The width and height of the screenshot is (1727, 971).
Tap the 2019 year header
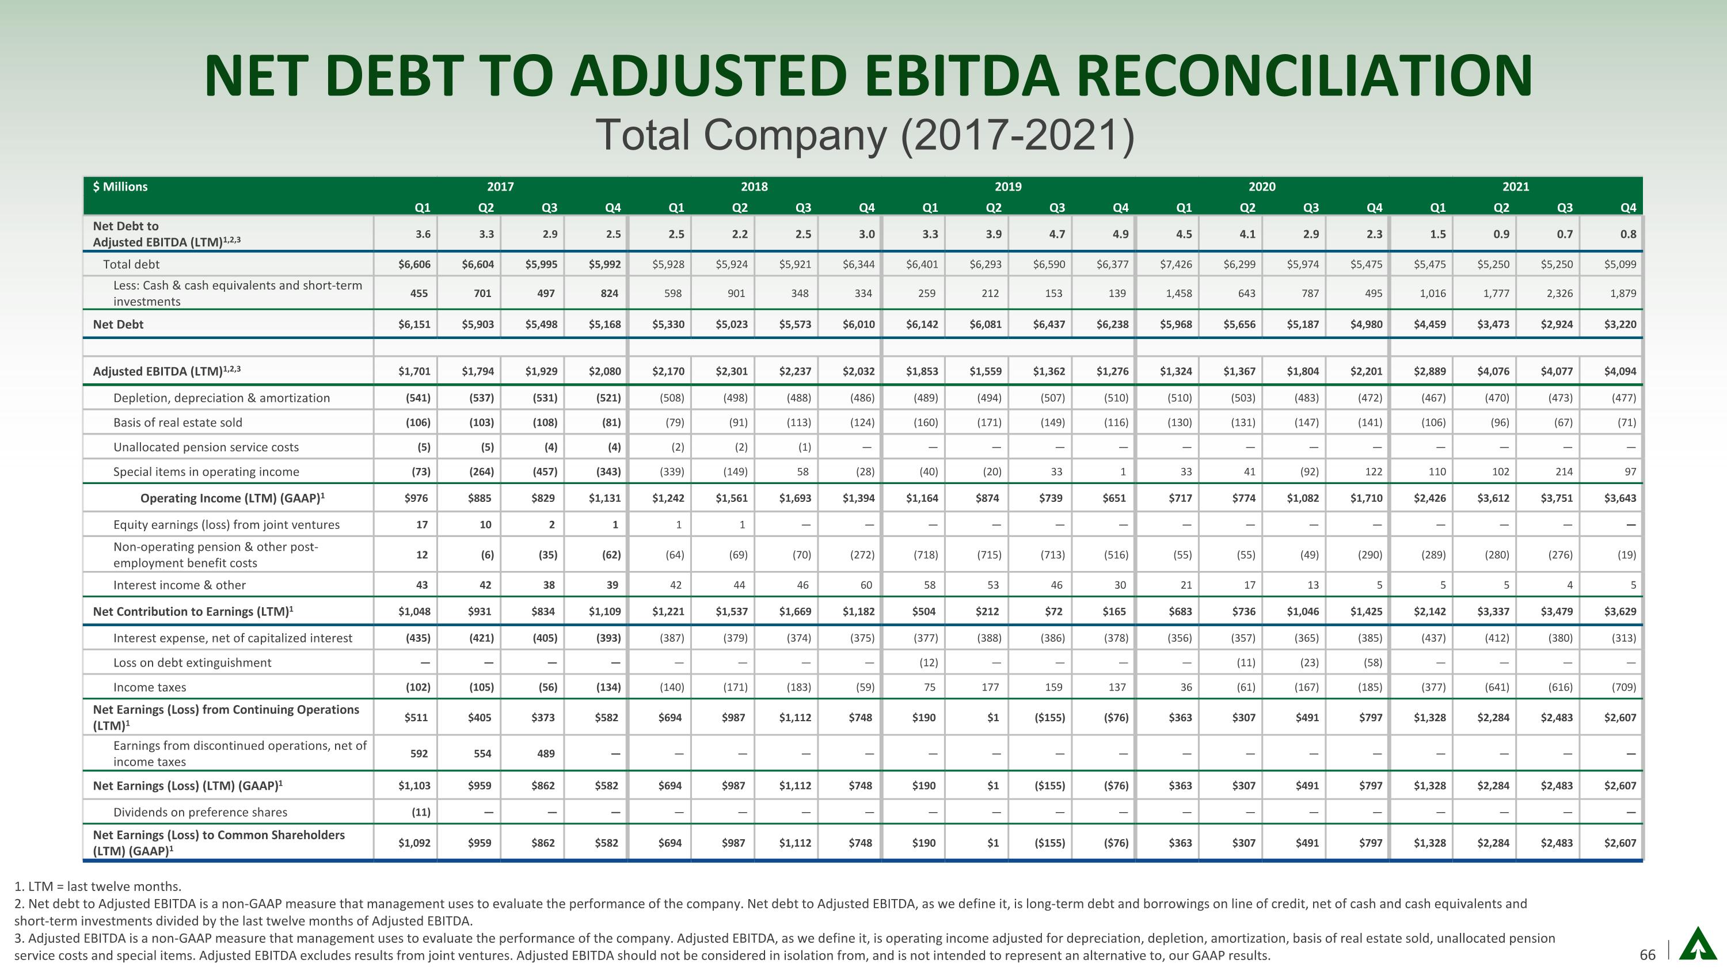pyautogui.click(x=1007, y=187)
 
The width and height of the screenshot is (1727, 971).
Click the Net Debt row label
pyautogui.click(x=118, y=324)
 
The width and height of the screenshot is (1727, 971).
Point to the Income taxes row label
pyautogui.click(x=150, y=687)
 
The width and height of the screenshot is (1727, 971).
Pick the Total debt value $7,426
pyautogui.click(x=1176, y=264)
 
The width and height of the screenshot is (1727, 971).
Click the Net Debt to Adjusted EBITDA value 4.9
pyautogui.click(x=1120, y=234)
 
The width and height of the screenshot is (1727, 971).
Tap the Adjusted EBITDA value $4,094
pyautogui.click(x=1620, y=371)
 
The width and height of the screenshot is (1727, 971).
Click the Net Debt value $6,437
pyautogui.click(x=1049, y=324)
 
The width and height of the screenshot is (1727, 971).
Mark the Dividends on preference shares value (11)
pyautogui.click(x=420, y=812)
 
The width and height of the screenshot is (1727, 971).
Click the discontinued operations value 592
pyautogui.click(x=419, y=753)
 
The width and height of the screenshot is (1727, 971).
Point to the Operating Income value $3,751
pyautogui.click(x=1556, y=498)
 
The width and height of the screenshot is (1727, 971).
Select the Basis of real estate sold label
pyautogui.click(x=178, y=422)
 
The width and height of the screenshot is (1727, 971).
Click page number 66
pyautogui.click(x=1647, y=954)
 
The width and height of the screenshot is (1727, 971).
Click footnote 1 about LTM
pyautogui.click(x=98, y=886)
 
